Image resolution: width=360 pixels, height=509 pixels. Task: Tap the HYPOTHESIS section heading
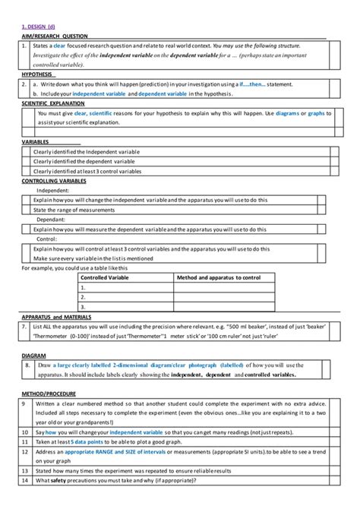click(x=37, y=74)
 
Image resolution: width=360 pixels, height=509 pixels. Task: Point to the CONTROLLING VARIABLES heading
click(x=54, y=181)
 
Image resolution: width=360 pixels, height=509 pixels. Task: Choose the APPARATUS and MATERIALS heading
click(x=57, y=315)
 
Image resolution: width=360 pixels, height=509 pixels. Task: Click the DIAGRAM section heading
click(x=34, y=355)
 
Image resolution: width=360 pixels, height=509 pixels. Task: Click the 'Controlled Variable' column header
click(x=106, y=278)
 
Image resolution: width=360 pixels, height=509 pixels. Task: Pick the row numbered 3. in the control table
click(x=84, y=307)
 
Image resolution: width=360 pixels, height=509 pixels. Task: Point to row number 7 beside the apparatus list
click(x=26, y=325)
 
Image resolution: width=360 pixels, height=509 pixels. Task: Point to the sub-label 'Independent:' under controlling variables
click(x=52, y=191)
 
